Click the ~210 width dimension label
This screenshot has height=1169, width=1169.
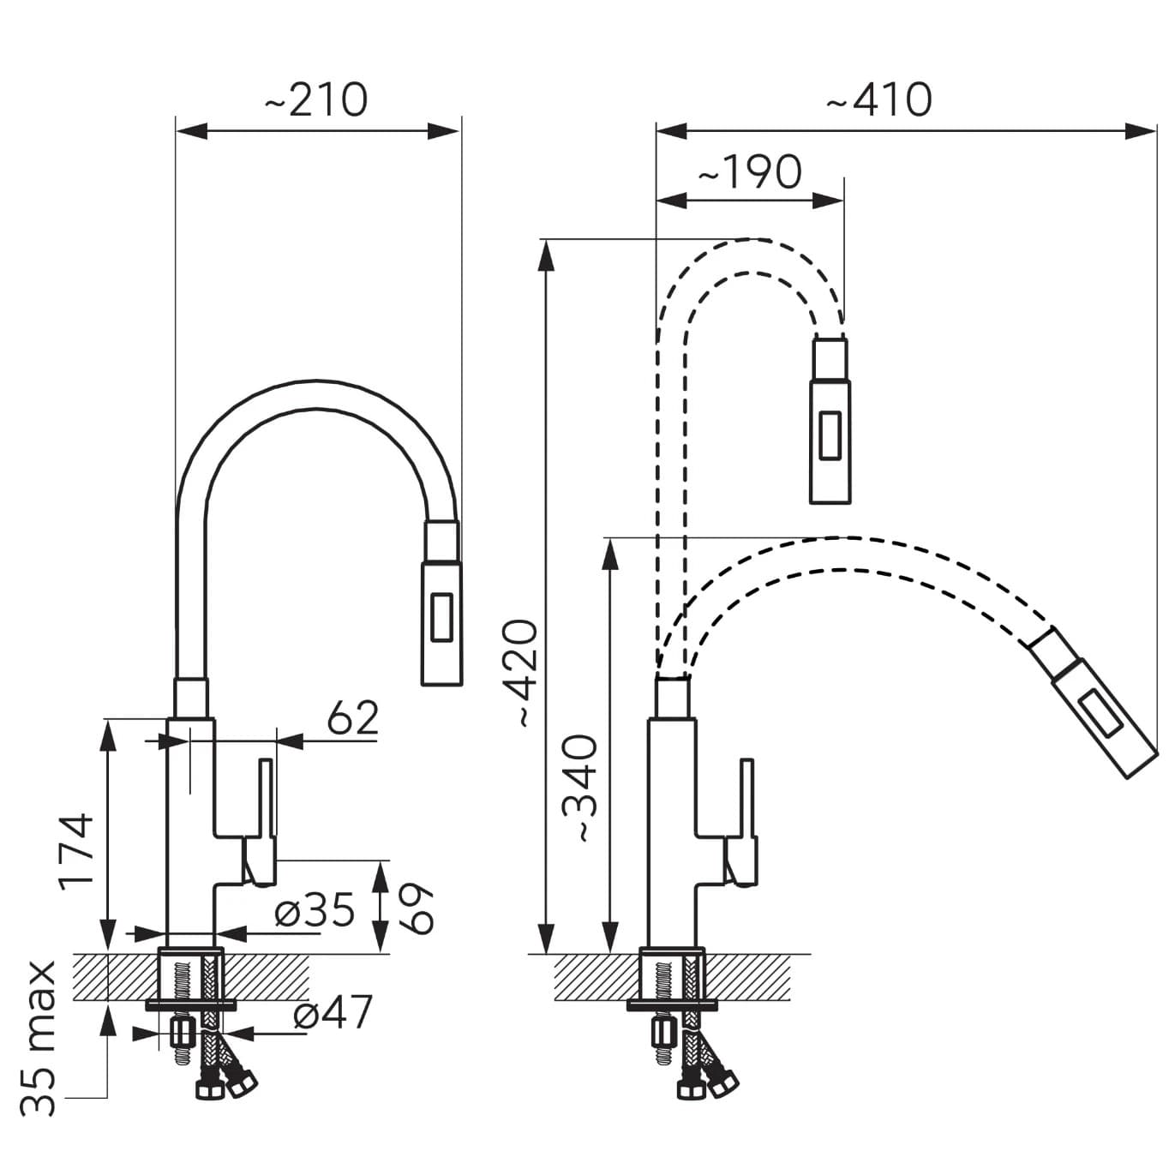(x=315, y=100)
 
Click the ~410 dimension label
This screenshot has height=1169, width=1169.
(x=878, y=100)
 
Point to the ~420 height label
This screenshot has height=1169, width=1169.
(x=523, y=674)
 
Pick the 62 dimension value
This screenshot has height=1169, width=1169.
(x=352, y=718)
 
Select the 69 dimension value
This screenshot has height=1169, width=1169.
(x=417, y=908)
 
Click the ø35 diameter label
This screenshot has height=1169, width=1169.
(x=315, y=910)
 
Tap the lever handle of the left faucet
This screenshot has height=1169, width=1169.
(x=267, y=797)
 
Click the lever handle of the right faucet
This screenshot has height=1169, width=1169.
(x=747, y=797)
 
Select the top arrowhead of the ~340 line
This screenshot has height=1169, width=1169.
(x=610, y=553)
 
